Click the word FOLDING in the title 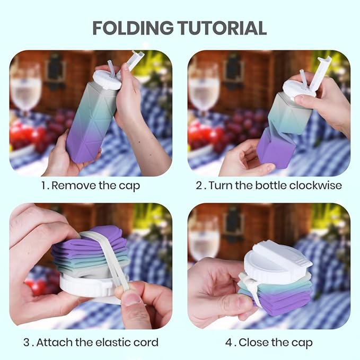pyautogui.click(x=134, y=28)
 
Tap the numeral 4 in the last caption pyautogui.click(x=229, y=342)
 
